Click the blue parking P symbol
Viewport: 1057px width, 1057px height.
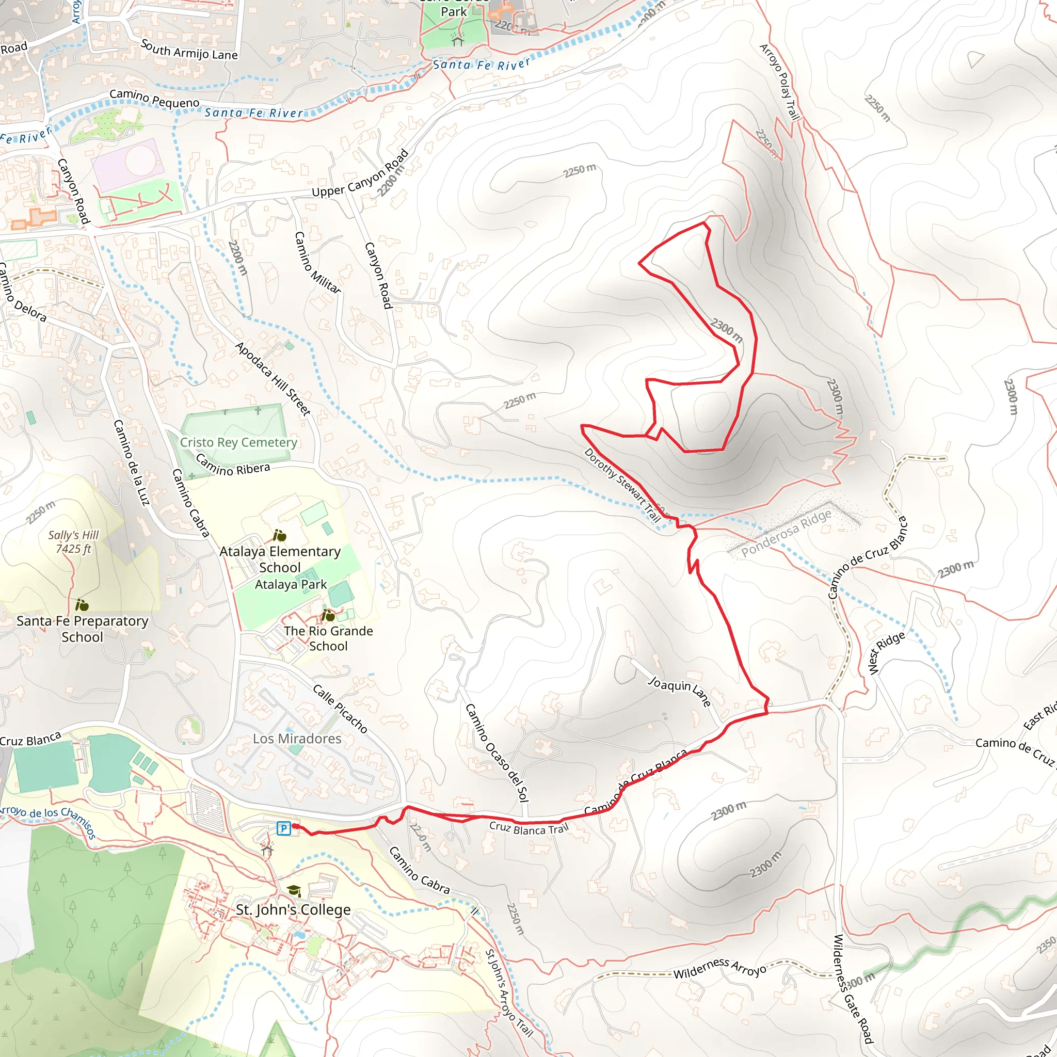coord(283,828)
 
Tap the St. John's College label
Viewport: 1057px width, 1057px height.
coord(293,910)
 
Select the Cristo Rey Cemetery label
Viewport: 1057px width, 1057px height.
coord(238,442)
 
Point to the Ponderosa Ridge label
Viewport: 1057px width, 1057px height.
coord(786,533)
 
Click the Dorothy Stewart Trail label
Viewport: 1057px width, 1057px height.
coord(622,485)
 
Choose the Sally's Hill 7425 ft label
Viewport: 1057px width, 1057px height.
coord(73,541)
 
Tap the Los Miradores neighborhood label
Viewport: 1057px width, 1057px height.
coord(297,739)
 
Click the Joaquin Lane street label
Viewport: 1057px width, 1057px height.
coord(679,691)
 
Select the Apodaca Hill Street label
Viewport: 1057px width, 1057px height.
coord(273,379)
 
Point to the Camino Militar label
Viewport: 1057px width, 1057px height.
coord(317,263)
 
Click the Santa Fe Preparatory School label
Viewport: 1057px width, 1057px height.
coord(82,629)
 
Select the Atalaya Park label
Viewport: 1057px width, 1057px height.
coord(291,584)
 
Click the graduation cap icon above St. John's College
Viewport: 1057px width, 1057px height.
coord(294,891)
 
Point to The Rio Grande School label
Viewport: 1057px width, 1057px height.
coord(328,638)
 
